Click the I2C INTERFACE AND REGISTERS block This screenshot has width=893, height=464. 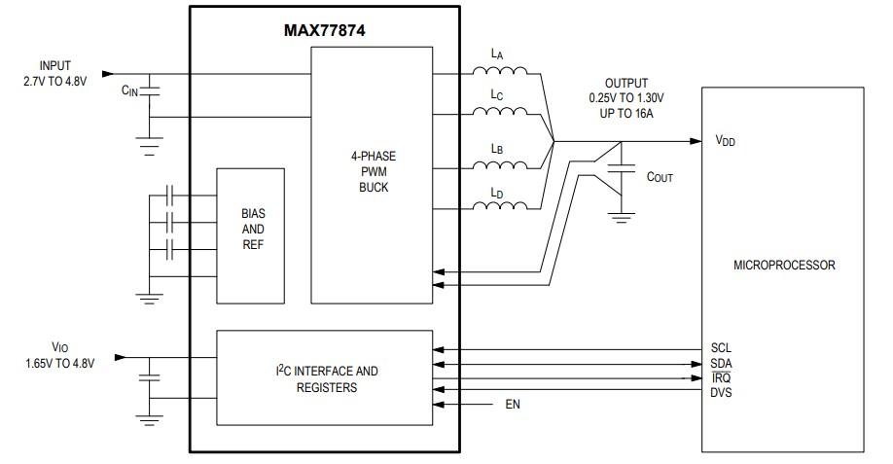pyautogui.click(x=324, y=377)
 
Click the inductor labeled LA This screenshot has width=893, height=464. pyautogui.click(x=499, y=73)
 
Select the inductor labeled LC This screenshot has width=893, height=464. pyautogui.click(x=499, y=115)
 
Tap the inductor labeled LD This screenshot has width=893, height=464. pyautogui.click(x=499, y=207)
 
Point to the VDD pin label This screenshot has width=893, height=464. pyautogui.click(x=725, y=141)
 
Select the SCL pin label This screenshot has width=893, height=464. pyautogui.click(x=721, y=347)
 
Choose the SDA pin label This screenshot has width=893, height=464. pyautogui.click(x=721, y=363)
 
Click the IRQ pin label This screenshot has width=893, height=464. pyautogui.click(x=721, y=377)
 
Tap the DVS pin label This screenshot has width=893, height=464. pyautogui.click(x=721, y=392)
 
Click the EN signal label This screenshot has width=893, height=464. pyautogui.click(x=513, y=404)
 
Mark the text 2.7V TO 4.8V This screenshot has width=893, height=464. pyautogui.click(x=55, y=82)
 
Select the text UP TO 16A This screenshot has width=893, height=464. pyautogui.click(x=625, y=113)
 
